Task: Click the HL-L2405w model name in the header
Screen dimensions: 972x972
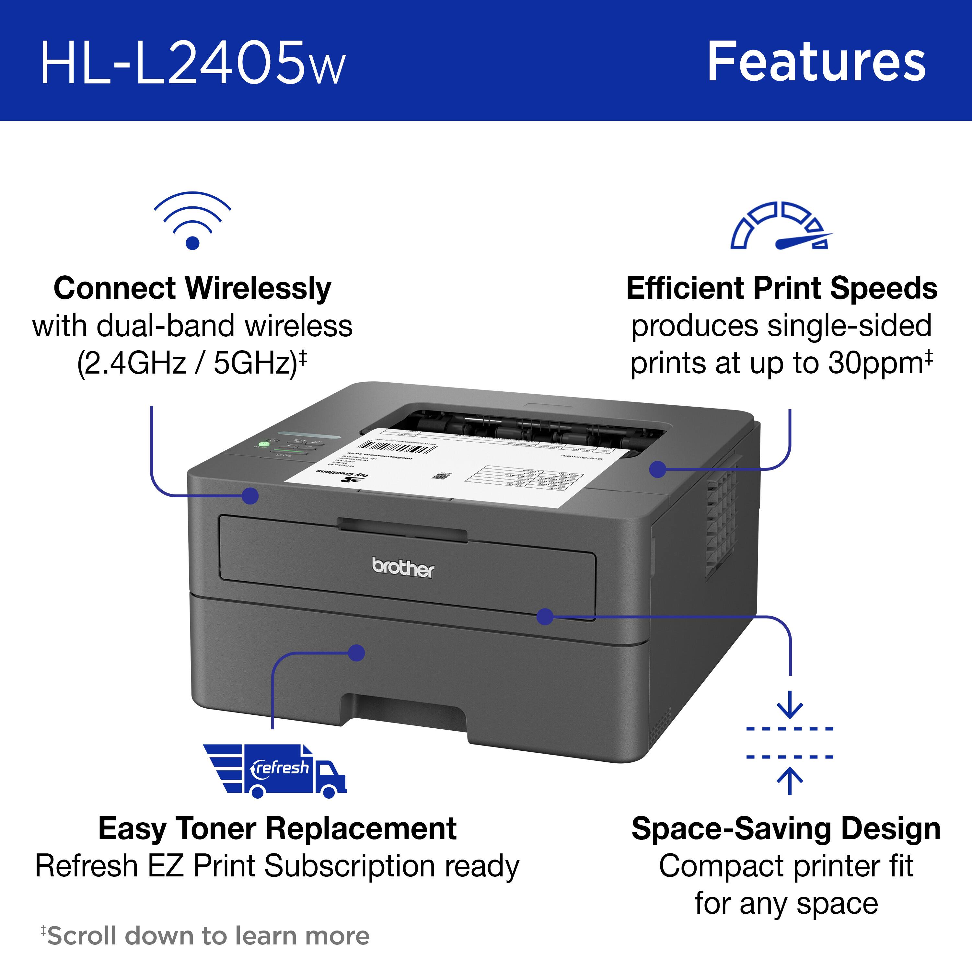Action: click(x=193, y=64)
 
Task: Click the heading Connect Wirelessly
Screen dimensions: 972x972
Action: click(x=192, y=288)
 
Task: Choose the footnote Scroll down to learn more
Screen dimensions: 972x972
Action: click(x=206, y=935)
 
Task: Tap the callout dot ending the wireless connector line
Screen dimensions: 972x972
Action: click(x=250, y=496)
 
